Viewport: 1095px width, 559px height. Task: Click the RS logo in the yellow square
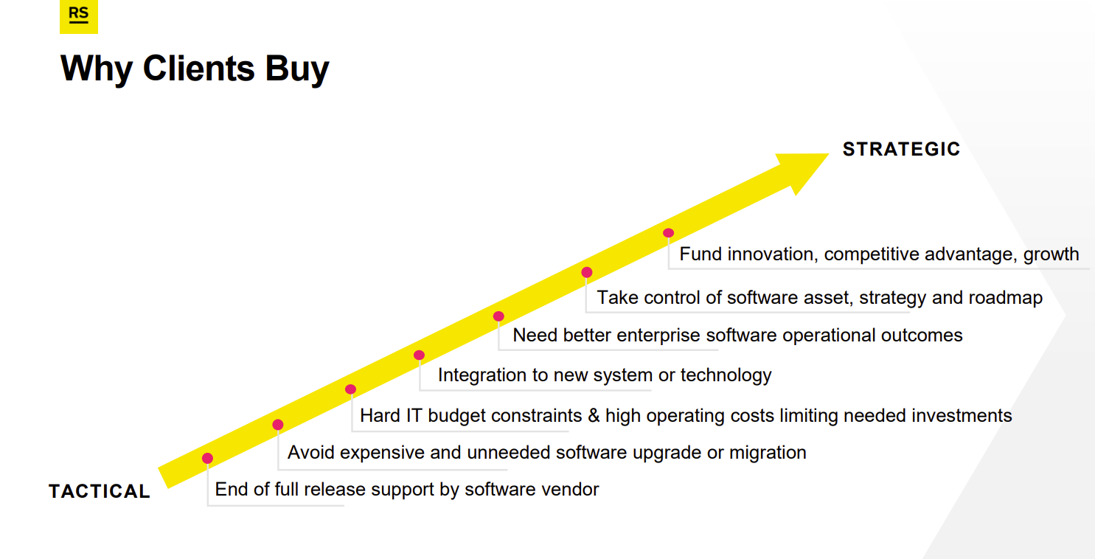coord(79,15)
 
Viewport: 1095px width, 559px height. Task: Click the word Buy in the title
coord(297,69)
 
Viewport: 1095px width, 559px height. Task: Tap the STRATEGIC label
coord(901,149)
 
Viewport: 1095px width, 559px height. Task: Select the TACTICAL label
coord(100,491)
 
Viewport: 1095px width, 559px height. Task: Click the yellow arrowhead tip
coord(829,154)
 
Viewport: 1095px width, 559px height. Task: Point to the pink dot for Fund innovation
coord(668,233)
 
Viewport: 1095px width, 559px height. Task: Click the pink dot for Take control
coord(587,272)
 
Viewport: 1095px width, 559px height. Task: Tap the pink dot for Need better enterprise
coord(498,316)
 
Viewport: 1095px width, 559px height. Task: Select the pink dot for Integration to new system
coord(419,355)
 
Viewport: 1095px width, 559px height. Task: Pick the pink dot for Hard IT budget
coord(350,389)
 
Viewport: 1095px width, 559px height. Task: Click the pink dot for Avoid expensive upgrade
coord(278,425)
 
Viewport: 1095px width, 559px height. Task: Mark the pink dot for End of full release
coord(207,458)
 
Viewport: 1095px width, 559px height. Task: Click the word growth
coord(1051,255)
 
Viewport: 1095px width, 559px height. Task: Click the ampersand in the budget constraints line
coord(594,416)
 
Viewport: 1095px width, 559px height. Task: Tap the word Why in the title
coord(97,69)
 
